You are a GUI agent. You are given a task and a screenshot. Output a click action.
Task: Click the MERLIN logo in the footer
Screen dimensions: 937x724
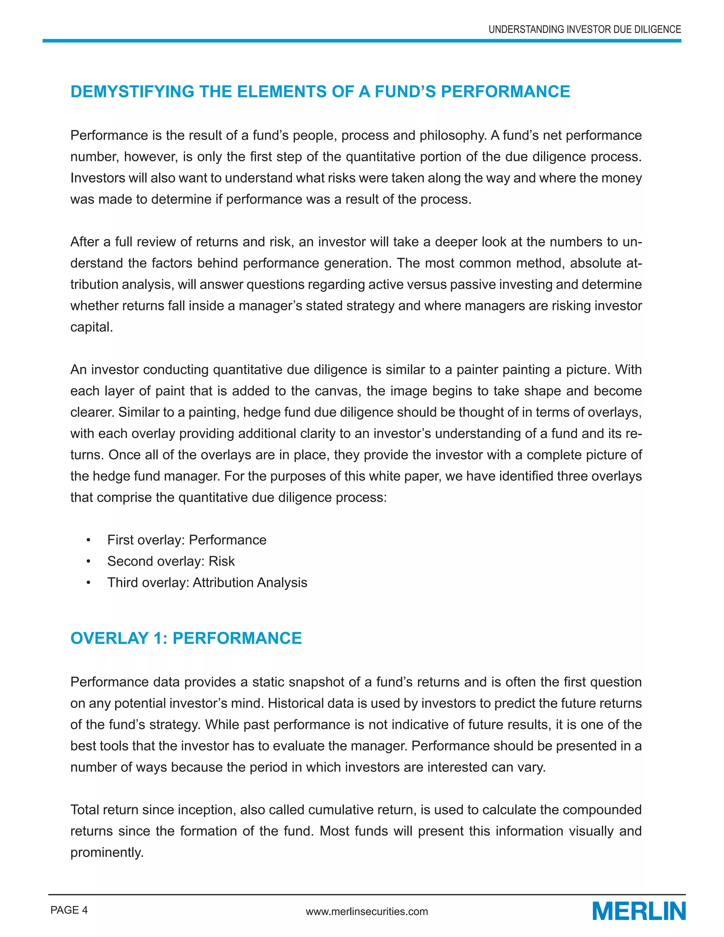[639, 911]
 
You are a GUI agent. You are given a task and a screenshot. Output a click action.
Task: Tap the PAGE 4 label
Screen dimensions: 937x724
[69, 910]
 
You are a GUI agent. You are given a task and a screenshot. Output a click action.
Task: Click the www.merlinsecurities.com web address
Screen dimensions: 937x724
[367, 911]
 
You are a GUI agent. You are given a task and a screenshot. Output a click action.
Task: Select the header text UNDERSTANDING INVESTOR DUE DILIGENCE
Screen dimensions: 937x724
[585, 30]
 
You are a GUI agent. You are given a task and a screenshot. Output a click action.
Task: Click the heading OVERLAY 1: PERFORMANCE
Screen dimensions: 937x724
[186, 638]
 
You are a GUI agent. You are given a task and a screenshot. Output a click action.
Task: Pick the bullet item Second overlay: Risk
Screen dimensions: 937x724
[171, 561]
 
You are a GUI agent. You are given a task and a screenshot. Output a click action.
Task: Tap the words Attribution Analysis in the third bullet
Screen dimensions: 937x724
[250, 583]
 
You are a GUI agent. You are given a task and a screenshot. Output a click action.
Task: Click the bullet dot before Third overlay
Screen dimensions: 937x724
[88, 583]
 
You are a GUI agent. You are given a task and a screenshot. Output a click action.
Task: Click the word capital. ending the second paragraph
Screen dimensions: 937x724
[91, 327]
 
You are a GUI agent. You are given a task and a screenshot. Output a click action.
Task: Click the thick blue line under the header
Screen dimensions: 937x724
[362, 41]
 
